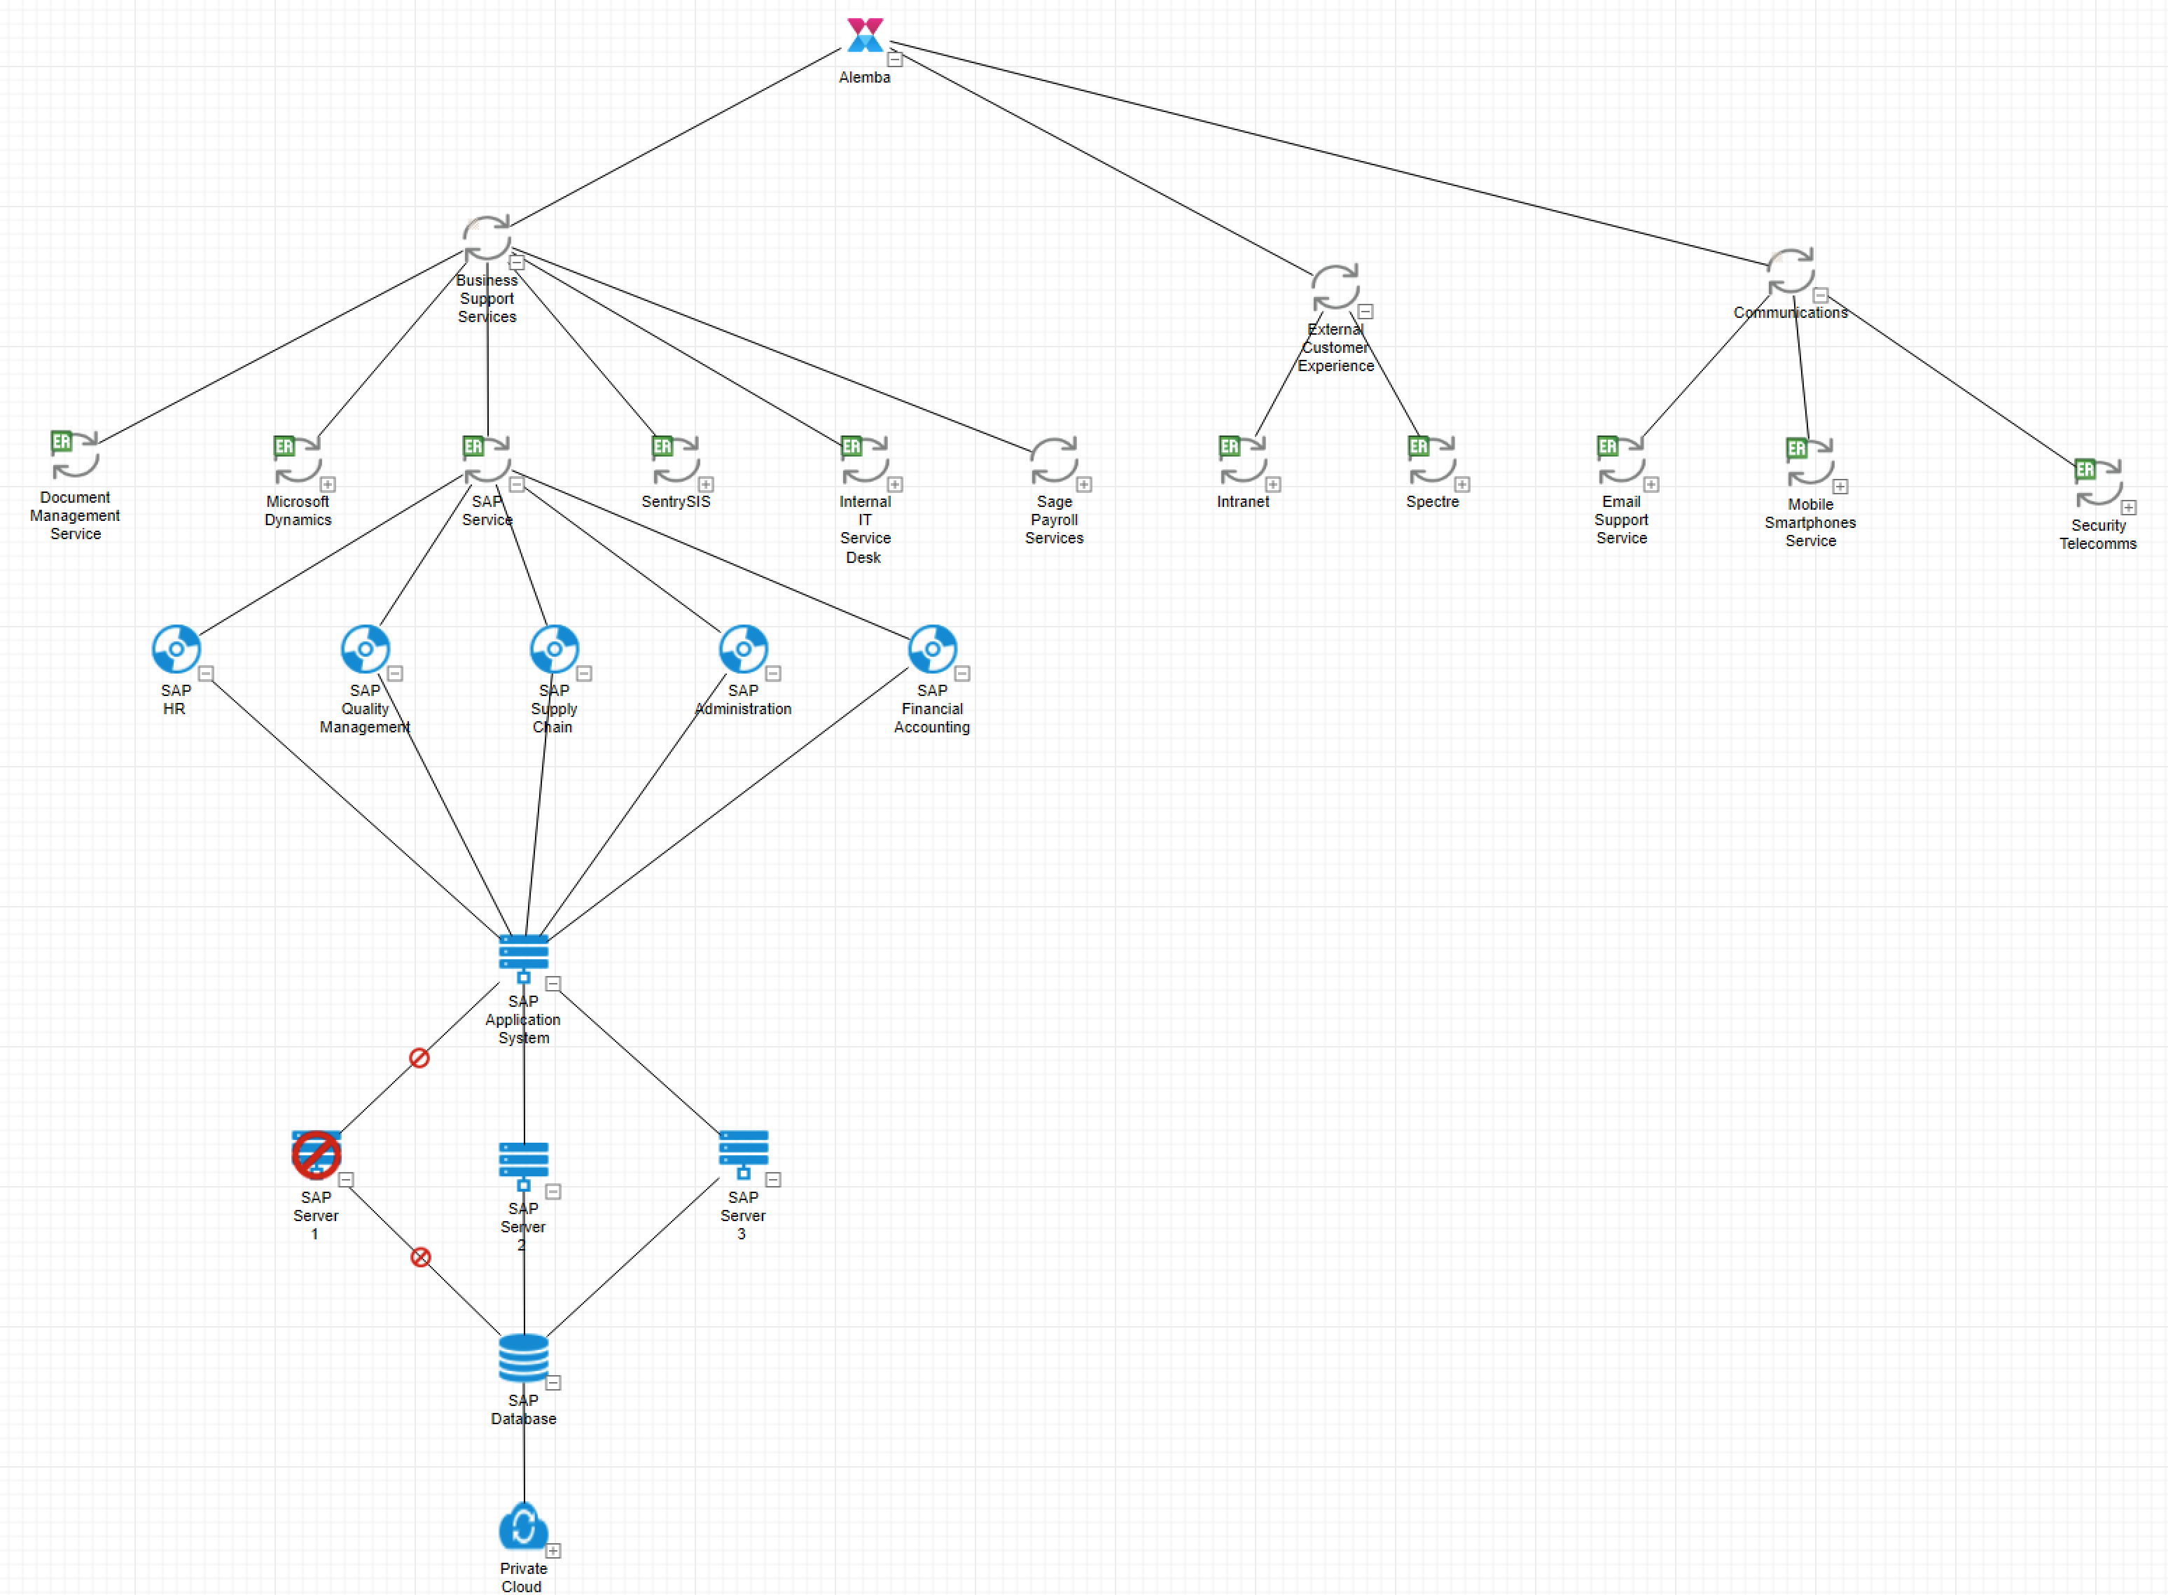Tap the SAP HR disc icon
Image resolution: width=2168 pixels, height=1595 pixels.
click(x=176, y=649)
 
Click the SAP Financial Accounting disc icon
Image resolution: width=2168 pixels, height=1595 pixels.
click(x=932, y=649)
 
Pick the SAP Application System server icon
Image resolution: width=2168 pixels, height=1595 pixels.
click(x=523, y=956)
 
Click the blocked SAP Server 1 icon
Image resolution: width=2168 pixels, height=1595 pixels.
click(x=316, y=1155)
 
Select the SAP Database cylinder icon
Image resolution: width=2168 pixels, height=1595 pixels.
click(x=523, y=1358)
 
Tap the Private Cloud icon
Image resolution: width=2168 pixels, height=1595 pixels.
click(x=523, y=1526)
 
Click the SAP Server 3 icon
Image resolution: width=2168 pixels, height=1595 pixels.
click(x=743, y=1152)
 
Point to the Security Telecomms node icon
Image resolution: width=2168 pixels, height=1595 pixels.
click(x=2097, y=482)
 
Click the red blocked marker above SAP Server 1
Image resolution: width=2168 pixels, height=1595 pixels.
click(x=419, y=1058)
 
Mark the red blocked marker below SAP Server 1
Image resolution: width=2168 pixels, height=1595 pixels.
click(x=420, y=1257)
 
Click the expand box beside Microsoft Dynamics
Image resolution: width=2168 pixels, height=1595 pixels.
click(x=328, y=485)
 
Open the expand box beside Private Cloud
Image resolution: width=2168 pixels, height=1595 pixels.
click(x=553, y=1551)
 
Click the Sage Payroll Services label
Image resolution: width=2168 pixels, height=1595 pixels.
click(x=1054, y=520)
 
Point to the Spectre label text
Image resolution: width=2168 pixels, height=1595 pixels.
click(x=1432, y=502)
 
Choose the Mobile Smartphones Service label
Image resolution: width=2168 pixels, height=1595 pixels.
click(x=1809, y=522)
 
